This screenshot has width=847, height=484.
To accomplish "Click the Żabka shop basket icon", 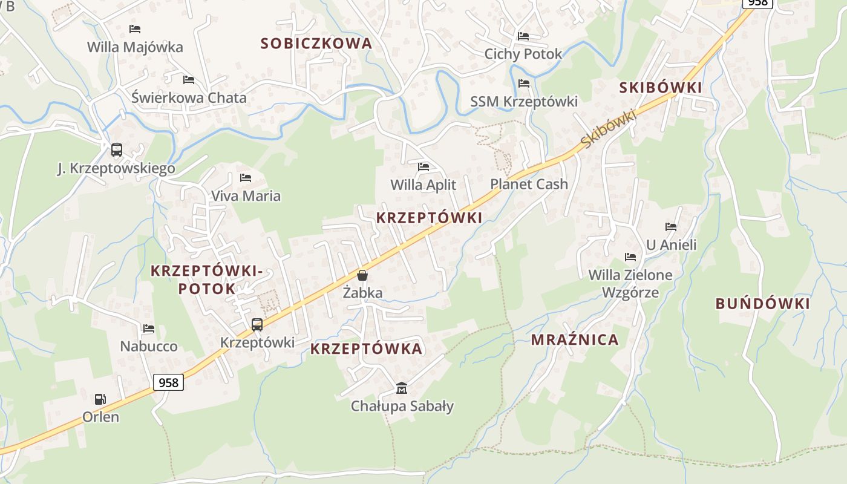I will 362,276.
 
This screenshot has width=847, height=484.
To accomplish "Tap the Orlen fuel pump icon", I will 100,399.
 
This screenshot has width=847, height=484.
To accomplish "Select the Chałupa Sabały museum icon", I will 402,388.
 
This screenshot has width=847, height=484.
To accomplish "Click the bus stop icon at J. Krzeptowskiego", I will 117,150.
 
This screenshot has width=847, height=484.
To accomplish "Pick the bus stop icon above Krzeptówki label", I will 257,325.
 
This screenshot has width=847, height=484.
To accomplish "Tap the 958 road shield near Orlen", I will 168,382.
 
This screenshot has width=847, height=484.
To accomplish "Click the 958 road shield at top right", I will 758,2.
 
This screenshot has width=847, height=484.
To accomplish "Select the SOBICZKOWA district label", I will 316,44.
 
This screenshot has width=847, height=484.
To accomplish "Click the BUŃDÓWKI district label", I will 762,304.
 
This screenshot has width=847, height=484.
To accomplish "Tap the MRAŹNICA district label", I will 575,340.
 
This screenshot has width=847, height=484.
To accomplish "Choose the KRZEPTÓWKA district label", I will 366,349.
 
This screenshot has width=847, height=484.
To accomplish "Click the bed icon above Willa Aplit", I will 423,166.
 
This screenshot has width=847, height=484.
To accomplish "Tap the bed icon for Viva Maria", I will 246,178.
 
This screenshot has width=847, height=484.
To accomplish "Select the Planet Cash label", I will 529,184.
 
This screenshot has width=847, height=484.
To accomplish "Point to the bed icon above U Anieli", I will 671,227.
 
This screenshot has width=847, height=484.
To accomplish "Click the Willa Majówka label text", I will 135,47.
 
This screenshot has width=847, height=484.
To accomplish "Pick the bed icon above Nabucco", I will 149,329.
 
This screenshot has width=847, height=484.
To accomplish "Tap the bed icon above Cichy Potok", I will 523,36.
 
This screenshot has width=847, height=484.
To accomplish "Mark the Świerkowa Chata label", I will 189,97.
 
